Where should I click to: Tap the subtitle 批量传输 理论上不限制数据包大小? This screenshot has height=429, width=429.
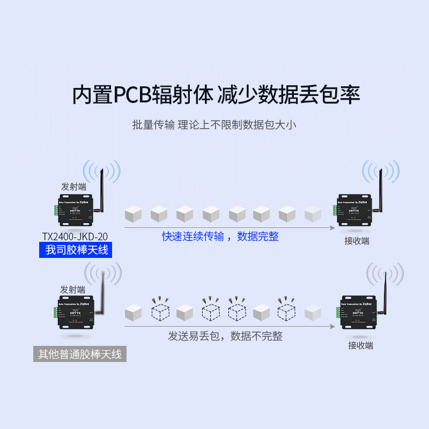(214, 125)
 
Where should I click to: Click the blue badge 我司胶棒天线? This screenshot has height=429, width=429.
(76, 250)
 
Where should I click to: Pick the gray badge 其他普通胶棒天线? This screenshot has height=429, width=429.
(80, 354)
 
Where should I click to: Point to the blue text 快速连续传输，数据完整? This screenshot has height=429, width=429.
(220, 236)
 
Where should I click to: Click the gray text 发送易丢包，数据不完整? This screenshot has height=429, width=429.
(225, 336)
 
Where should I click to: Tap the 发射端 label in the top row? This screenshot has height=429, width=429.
(73, 187)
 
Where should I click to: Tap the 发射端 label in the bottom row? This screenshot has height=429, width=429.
(73, 289)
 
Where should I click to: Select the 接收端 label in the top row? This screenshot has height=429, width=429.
(357, 241)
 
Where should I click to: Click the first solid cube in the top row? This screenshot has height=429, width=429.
(132, 214)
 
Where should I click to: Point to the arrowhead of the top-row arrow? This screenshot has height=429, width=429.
(333, 227)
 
